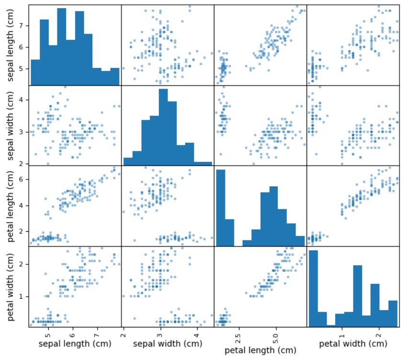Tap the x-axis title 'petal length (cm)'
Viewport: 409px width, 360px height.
coord(260,350)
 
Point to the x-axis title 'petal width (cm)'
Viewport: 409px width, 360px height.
coord(353,343)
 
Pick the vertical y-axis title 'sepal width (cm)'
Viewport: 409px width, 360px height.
coord(9,125)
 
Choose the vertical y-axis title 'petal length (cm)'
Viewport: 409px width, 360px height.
coord(9,206)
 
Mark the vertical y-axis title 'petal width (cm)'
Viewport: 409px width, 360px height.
coord(9,287)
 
